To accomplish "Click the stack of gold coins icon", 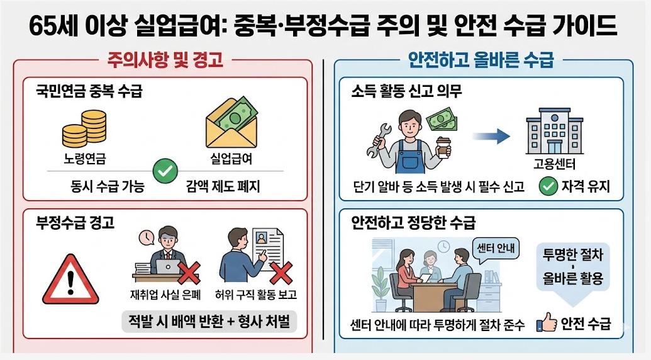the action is (x=84, y=128).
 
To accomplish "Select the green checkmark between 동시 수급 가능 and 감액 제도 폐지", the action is (x=166, y=170).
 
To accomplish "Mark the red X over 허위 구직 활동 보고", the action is (x=280, y=274).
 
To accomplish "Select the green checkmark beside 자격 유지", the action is (x=548, y=186).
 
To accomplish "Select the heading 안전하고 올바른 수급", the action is (x=481, y=61).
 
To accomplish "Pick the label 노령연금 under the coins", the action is (x=84, y=159).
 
